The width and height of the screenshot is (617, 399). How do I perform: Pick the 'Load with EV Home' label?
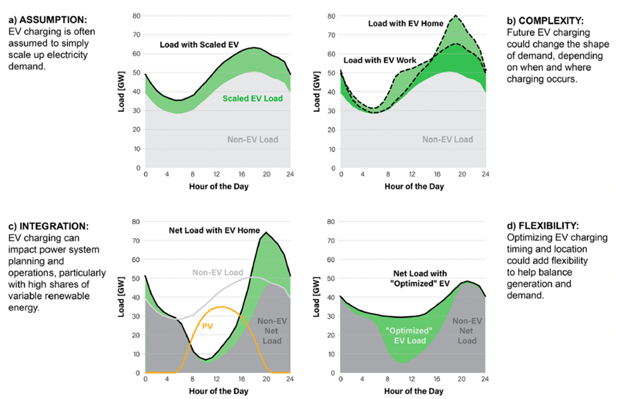click(x=407, y=24)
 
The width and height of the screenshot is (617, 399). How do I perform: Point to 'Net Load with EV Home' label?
click(x=214, y=230)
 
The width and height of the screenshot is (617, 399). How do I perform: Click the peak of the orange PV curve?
click(x=224, y=307)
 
